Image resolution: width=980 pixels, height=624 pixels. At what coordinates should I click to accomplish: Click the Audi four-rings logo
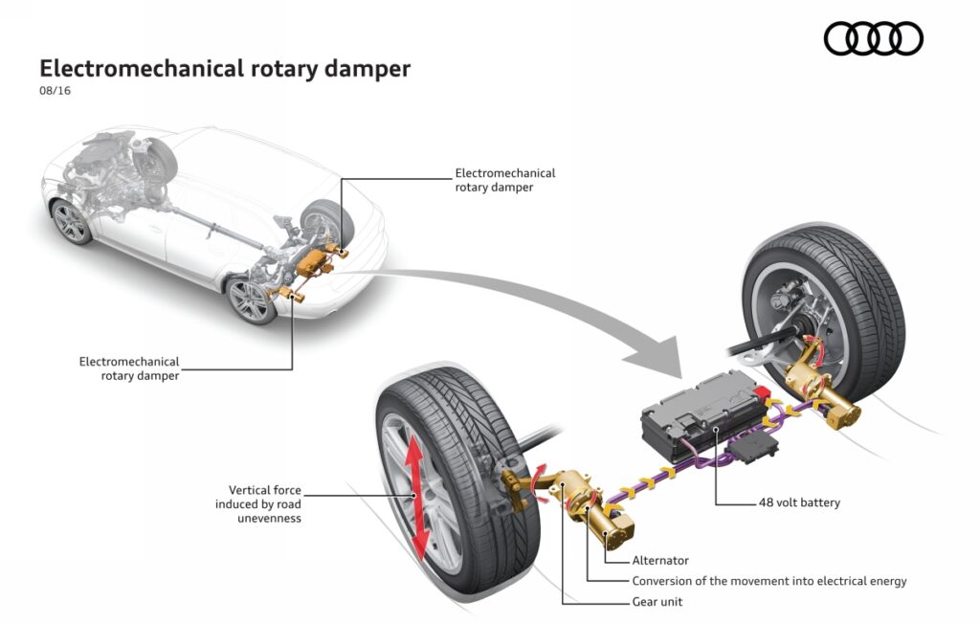click(x=873, y=38)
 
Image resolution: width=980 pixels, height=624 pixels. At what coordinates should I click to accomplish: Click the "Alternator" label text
click(x=660, y=561)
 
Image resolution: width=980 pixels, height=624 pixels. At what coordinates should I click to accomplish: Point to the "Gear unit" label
click(x=657, y=602)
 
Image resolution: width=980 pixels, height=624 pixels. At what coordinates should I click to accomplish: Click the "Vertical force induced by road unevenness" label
click(x=264, y=504)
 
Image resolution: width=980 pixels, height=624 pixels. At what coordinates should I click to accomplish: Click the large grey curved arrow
click(x=536, y=297)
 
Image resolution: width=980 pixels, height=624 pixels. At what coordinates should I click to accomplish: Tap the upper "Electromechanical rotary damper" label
click(x=504, y=180)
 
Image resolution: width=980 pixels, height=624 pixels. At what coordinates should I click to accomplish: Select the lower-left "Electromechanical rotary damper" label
click(x=129, y=368)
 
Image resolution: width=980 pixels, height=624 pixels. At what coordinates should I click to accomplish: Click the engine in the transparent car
click(x=110, y=158)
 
